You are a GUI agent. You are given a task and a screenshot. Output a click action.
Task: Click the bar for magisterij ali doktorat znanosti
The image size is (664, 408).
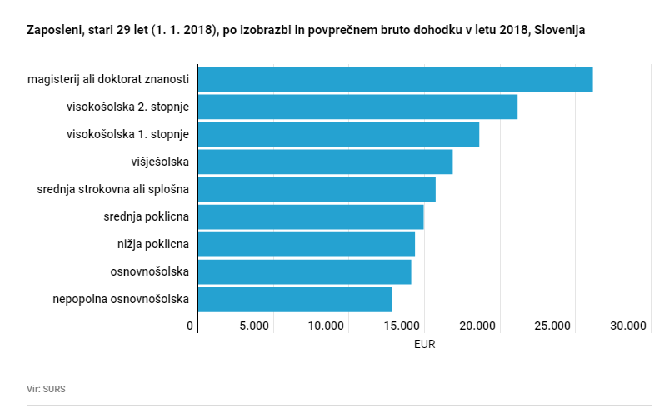[x=395, y=79]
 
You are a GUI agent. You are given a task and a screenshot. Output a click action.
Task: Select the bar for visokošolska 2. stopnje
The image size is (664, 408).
[x=357, y=107]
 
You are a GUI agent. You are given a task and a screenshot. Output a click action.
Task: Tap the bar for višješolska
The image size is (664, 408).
[x=325, y=162]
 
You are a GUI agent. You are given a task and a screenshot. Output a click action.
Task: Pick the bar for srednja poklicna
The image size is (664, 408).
[x=311, y=216]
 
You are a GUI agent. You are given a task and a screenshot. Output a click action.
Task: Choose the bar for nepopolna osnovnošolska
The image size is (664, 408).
[x=295, y=299]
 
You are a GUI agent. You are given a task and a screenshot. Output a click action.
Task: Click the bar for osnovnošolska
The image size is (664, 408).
[x=304, y=271]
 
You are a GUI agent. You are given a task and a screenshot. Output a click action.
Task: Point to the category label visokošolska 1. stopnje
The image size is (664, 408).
[x=127, y=134]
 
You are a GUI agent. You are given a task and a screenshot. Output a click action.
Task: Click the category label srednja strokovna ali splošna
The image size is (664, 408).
[x=113, y=189]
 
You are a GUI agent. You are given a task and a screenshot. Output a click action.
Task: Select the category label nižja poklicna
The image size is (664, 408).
[x=153, y=244]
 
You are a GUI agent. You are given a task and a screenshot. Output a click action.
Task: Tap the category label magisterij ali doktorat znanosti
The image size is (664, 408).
[x=108, y=79]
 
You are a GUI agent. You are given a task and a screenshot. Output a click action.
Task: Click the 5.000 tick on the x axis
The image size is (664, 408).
[x=254, y=326]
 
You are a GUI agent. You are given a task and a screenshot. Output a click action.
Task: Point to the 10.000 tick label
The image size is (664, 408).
[x=327, y=326]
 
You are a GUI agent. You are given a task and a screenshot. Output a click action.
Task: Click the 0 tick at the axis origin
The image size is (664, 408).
[x=191, y=326]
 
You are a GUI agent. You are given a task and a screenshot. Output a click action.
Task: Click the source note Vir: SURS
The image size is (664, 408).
[x=46, y=388]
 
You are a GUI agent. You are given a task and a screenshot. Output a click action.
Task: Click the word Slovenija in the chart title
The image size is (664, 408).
[x=559, y=30]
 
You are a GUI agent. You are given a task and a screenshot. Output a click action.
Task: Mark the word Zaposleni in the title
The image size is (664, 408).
[x=54, y=30]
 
